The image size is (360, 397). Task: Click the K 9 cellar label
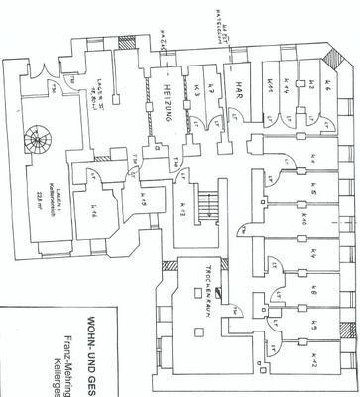click(x=314, y=323)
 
